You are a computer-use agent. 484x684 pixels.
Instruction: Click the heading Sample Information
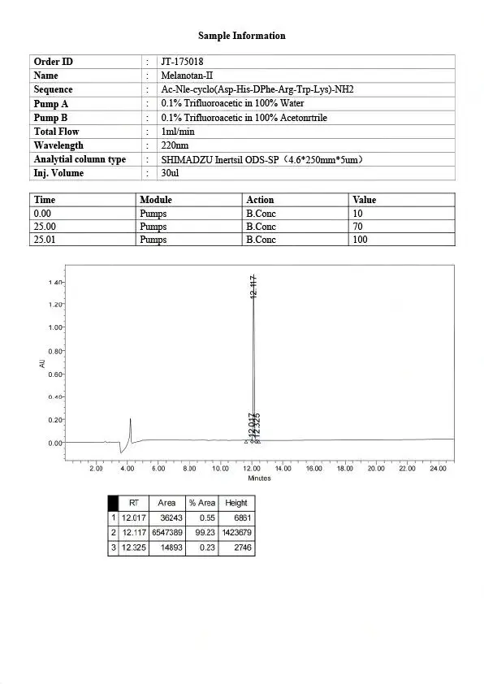click(242, 36)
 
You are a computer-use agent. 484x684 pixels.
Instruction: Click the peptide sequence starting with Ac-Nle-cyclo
click(257, 89)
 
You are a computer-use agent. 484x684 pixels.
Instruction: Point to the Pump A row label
click(51, 104)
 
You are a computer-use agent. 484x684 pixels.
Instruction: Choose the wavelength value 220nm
click(175, 145)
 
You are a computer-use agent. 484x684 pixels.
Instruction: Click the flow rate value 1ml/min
click(178, 132)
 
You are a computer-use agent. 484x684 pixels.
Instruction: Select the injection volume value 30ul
click(170, 173)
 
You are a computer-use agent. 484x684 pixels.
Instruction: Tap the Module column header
click(156, 199)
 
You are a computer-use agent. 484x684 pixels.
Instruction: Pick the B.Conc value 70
click(357, 227)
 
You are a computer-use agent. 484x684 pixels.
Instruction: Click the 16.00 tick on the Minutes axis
click(313, 469)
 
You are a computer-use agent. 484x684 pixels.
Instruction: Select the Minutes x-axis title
click(259, 478)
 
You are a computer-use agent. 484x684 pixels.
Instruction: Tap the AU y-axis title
click(42, 364)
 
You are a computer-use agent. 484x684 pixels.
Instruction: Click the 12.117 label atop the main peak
click(254, 288)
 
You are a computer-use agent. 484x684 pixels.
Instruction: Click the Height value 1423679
click(236, 532)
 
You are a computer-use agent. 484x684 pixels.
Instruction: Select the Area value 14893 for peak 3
click(167, 548)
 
